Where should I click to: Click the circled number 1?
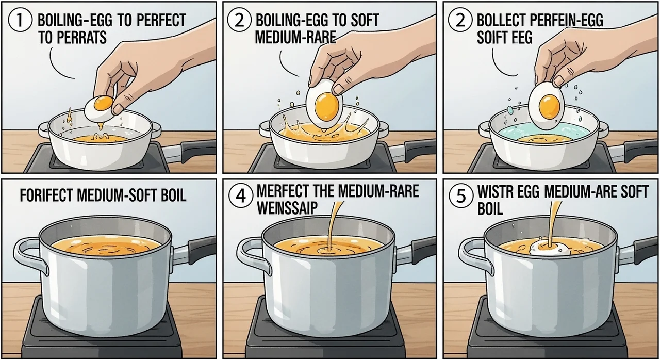click(20, 21)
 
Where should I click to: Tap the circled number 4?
click(241, 195)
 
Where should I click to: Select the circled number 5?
click(461, 195)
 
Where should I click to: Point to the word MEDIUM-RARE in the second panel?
click(295, 37)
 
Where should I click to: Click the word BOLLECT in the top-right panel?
click(501, 20)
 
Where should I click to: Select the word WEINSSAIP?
click(287, 208)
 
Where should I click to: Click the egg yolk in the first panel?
click(104, 102)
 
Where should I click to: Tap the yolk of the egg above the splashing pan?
click(327, 107)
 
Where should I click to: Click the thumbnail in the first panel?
click(118, 109)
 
